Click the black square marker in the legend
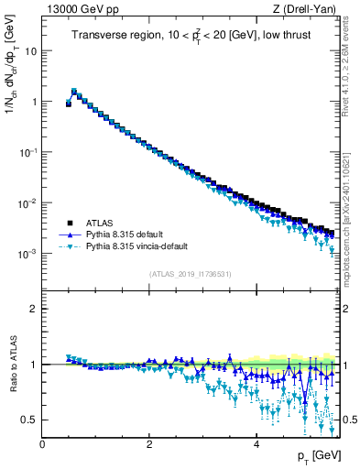(x=67, y=223)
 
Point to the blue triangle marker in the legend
(x=67, y=234)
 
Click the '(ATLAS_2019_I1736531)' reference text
(x=191, y=274)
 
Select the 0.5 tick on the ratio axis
(x=30, y=420)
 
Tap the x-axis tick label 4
(x=256, y=443)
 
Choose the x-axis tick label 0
(x=42, y=443)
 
